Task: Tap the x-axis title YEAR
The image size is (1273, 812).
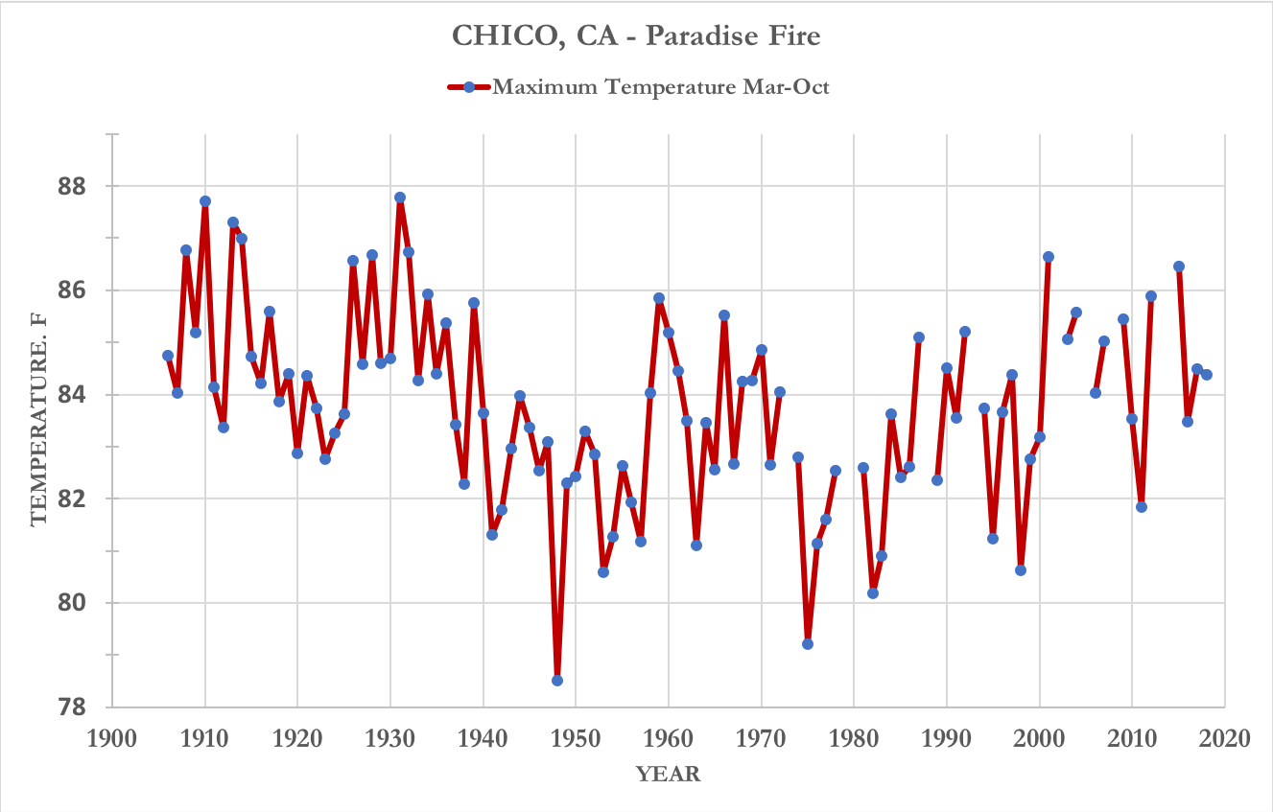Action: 669,775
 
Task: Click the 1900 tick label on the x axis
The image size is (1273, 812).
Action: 111,739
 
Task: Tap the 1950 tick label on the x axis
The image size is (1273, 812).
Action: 576,739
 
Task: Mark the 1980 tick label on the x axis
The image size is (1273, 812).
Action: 854,739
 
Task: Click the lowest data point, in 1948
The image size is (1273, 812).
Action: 557,681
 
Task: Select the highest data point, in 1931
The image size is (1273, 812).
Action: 400,197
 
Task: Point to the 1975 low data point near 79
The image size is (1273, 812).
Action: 808,644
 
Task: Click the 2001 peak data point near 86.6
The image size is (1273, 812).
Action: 1049,257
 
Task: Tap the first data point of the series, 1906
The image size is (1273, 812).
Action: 168,356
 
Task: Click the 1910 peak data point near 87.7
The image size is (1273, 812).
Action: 205,201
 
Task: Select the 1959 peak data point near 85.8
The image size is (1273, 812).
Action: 659,298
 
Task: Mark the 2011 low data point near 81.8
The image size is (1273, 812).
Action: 1142,507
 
